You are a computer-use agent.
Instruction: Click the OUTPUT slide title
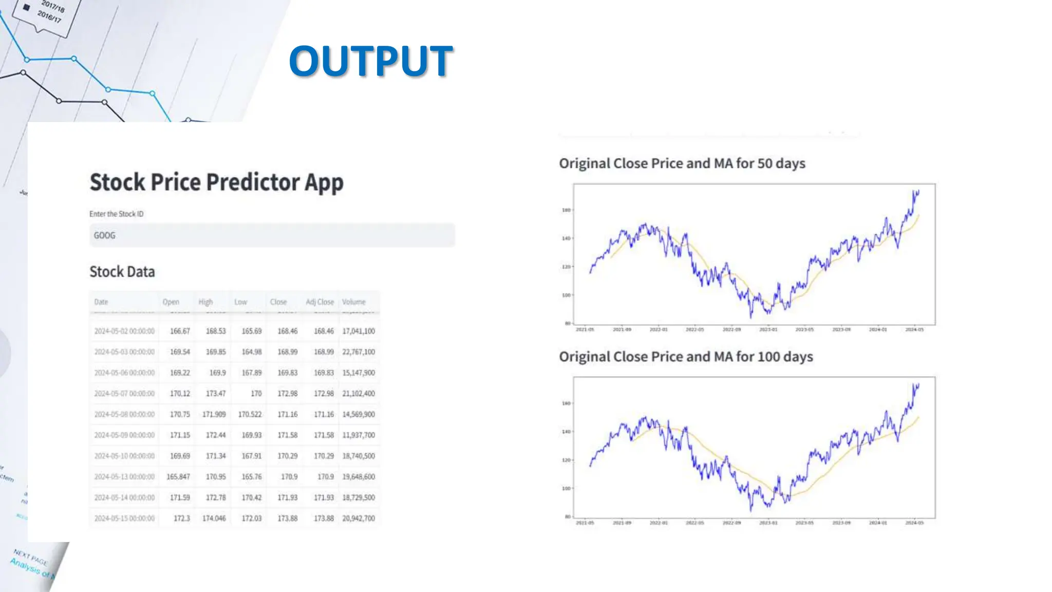click(x=370, y=61)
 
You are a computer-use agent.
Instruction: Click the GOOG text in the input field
click(x=104, y=235)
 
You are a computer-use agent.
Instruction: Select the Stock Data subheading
click(x=122, y=271)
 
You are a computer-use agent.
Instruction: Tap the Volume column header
click(x=354, y=302)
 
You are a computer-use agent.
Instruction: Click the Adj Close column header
click(x=320, y=302)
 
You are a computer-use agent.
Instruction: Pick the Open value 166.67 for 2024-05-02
click(x=180, y=331)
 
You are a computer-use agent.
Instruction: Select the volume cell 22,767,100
click(x=359, y=352)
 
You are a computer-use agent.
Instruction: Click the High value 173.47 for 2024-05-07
click(x=216, y=394)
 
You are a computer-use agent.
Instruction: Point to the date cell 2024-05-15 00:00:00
click(x=124, y=519)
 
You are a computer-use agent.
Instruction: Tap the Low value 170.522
click(x=250, y=414)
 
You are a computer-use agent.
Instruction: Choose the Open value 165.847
click(x=178, y=477)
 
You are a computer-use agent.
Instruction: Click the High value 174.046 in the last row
click(x=214, y=519)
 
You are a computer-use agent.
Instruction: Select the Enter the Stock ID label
click(x=117, y=214)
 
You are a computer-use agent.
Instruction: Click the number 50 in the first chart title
click(x=764, y=163)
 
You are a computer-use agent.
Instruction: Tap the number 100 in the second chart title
click(x=768, y=357)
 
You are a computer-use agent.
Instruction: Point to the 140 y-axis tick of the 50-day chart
click(x=566, y=238)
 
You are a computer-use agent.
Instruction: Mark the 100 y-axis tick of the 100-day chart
click(x=566, y=488)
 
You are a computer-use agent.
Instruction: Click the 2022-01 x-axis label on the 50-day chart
click(x=659, y=329)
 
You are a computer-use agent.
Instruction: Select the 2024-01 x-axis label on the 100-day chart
click(x=878, y=523)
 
